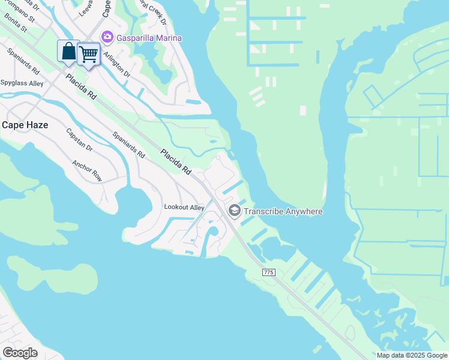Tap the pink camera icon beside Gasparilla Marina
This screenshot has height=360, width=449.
coord(107,37)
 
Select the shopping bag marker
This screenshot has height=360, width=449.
coord(68,52)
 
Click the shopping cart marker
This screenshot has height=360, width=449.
coord(89,55)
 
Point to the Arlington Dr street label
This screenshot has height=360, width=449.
coord(116,64)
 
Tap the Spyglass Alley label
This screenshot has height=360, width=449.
coord(22,83)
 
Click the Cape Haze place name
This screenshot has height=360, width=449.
coord(25,125)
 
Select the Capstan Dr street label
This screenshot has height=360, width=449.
coord(79,139)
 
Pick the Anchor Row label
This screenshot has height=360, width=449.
coord(87,170)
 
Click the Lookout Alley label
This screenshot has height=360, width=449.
coord(184,208)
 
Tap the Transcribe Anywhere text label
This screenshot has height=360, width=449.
coord(283,211)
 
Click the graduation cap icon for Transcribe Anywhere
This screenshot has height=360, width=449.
coord(234,211)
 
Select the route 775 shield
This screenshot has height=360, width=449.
coord(268,272)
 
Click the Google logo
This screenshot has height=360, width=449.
coord(19,353)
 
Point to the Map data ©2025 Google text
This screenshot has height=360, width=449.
coord(412,355)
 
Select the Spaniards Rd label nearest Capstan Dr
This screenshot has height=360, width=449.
coord(128,145)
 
